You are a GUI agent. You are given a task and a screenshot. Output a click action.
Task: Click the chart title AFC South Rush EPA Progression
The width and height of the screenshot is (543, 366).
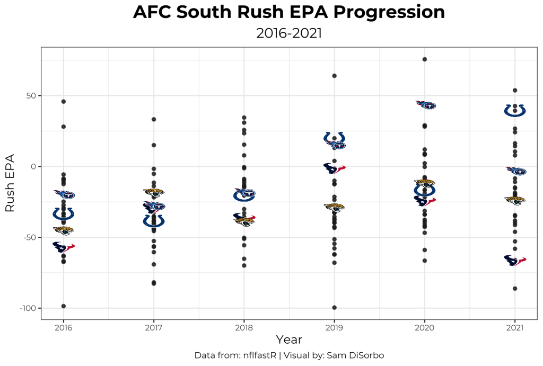(x=289, y=13)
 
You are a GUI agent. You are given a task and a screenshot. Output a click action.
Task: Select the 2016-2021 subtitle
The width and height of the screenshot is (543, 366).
(x=289, y=33)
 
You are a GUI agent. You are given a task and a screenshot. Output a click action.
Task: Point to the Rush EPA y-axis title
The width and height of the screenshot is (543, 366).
(x=10, y=184)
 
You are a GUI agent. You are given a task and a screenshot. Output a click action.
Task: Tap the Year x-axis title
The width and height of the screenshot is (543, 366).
(x=289, y=340)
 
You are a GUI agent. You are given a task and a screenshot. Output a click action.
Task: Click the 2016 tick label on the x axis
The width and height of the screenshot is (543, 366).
(x=64, y=327)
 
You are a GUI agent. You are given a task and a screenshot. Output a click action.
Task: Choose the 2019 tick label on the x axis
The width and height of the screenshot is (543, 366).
(x=334, y=327)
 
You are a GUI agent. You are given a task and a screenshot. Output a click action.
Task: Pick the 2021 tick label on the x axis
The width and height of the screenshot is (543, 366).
(x=514, y=327)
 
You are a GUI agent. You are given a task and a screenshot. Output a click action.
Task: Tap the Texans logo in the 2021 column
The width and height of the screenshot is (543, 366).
(x=514, y=261)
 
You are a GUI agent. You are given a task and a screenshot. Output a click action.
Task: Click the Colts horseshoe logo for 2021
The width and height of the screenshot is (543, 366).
(x=514, y=111)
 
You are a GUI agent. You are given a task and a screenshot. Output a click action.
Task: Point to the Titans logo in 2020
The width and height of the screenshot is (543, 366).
(x=425, y=105)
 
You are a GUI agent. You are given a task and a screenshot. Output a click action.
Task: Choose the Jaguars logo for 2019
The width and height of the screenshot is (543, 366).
(x=334, y=207)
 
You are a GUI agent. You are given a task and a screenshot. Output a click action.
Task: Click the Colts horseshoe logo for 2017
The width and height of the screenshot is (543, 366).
(x=154, y=220)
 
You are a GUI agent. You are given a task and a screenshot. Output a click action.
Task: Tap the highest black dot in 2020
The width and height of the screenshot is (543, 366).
(x=425, y=59)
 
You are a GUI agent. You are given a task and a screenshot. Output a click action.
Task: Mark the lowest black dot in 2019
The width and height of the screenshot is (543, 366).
(x=334, y=308)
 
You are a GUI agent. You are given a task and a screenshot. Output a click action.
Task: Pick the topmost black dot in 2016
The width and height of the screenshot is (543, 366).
(x=64, y=101)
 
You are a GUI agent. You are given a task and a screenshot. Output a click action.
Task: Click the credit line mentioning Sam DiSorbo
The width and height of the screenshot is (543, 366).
(x=289, y=355)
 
